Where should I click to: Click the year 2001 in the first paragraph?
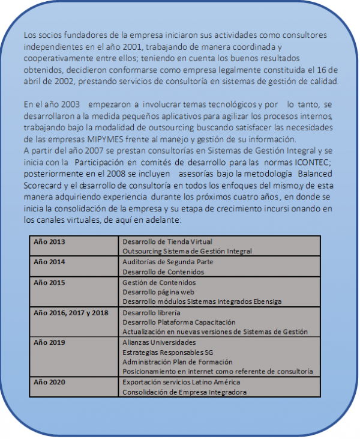coord(123,46)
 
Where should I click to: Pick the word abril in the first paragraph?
coord(34,82)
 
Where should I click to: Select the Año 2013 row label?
coord(49,241)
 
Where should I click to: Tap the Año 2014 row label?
coord(49,262)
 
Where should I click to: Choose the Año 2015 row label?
coord(49,282)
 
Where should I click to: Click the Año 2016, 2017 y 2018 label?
coord(71,313)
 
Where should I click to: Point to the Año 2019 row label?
coord(49,342)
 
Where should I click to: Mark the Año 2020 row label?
coord(49,383)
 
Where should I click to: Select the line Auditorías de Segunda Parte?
coord(167,262)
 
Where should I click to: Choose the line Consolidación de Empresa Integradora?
coord(184,392)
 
